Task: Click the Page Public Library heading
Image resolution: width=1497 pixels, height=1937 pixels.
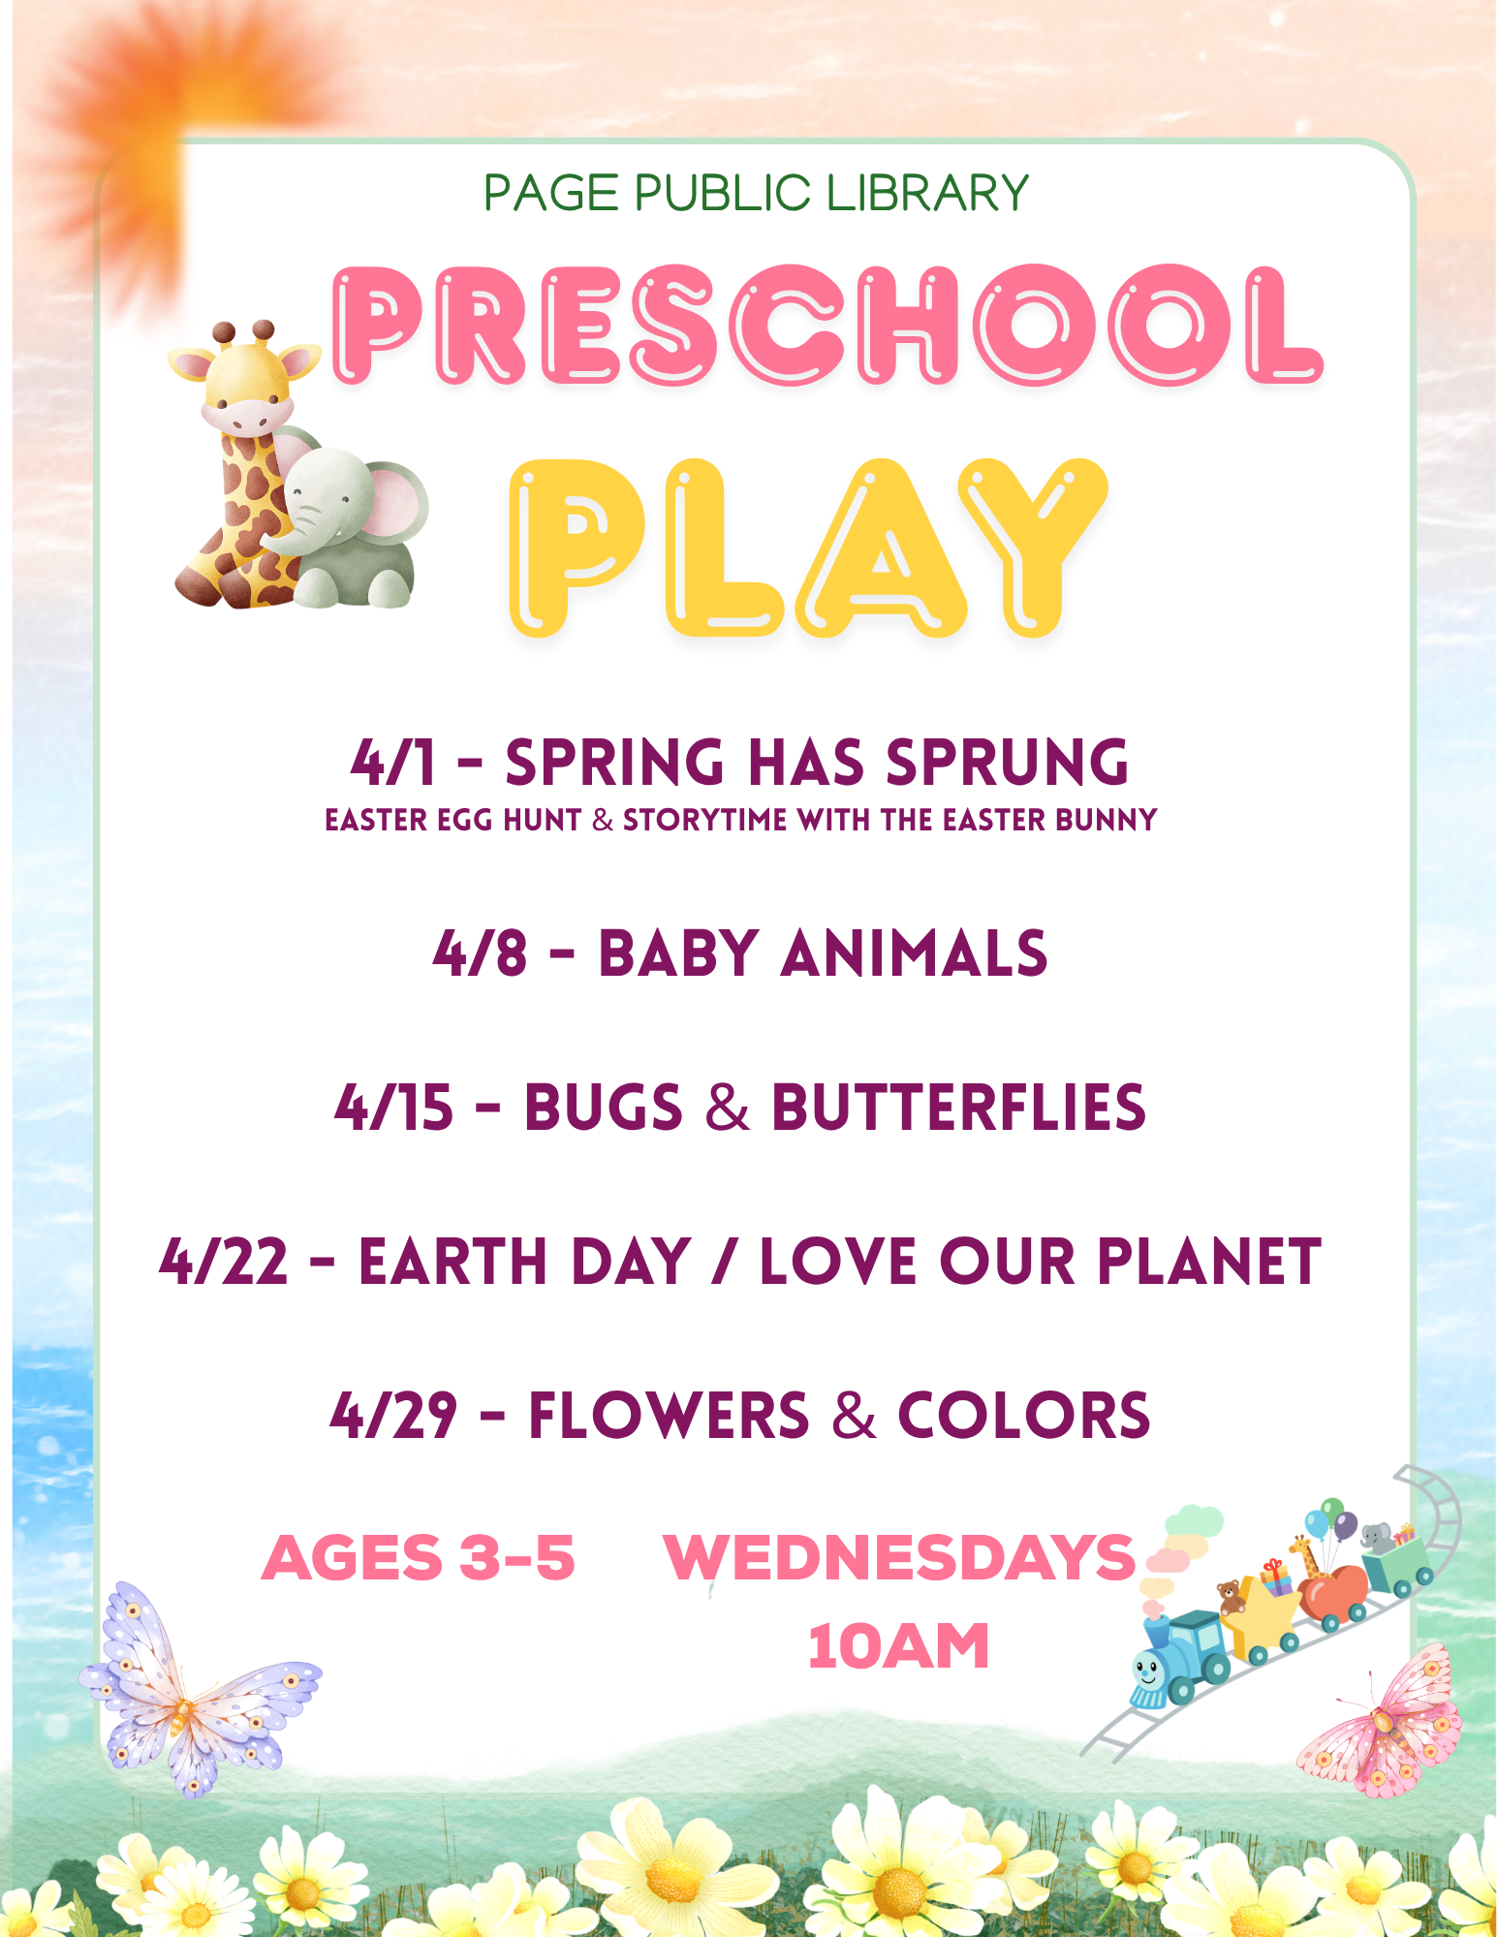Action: tap(756, 193)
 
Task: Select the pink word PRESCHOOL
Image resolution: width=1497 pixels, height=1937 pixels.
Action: tap(828, 325)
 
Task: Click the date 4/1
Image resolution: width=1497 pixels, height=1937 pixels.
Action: tap(393, 763)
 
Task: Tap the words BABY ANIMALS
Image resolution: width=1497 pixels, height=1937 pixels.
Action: tap(823, 953)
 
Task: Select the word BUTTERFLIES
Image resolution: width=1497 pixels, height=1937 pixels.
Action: tap(958, 1108)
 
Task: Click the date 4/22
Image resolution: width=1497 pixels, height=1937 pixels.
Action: tap(224, 1262)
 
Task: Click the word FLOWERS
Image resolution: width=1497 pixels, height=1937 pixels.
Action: tap(669, 1416)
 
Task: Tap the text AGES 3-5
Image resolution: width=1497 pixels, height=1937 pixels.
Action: tap(419, 1558)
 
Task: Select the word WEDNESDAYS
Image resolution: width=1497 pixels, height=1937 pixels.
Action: tap(899, 1558)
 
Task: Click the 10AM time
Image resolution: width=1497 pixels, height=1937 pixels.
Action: tap(899, 1646)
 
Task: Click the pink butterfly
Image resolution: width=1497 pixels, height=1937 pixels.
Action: tap(1381, 1720)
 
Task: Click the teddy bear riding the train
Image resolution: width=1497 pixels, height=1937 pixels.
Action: tap(1231, 1596)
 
